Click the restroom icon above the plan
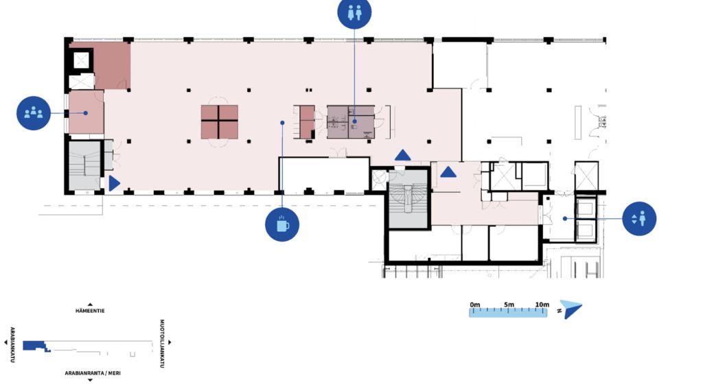pyautogui.click(x=354, y=12)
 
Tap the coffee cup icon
pyautogui.click(x=282, y=224)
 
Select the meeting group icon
pyautogui.click(x=34, y=113)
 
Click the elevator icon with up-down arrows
pyautogui.click(x=639, y=219)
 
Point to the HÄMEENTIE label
pyautogui.click(x=90, y=310)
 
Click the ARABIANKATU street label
pyautogui.click(x=12, y=345)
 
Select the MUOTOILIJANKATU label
pyautogui.click(x=162, y=344)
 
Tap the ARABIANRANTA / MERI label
pyautogui.click(x=93, y=372)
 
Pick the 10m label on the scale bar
pyautogui.click(x=542, y=305)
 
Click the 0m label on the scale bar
pyautogui.click(x=475, y=305)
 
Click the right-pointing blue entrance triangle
pyautogui.click(x=114, y=183)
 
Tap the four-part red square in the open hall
pyautogui.click(x=219, y=122)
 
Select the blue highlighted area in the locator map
pyautogui.click(x=36, y=346)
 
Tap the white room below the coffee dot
pyautogui.click(x=324, y=175)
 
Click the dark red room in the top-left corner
pyautogui.click(x=112, y=66)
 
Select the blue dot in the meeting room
pyautogui.click(x=86, y=113)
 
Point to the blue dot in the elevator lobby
pyautogui.click(x=565, y=219)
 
